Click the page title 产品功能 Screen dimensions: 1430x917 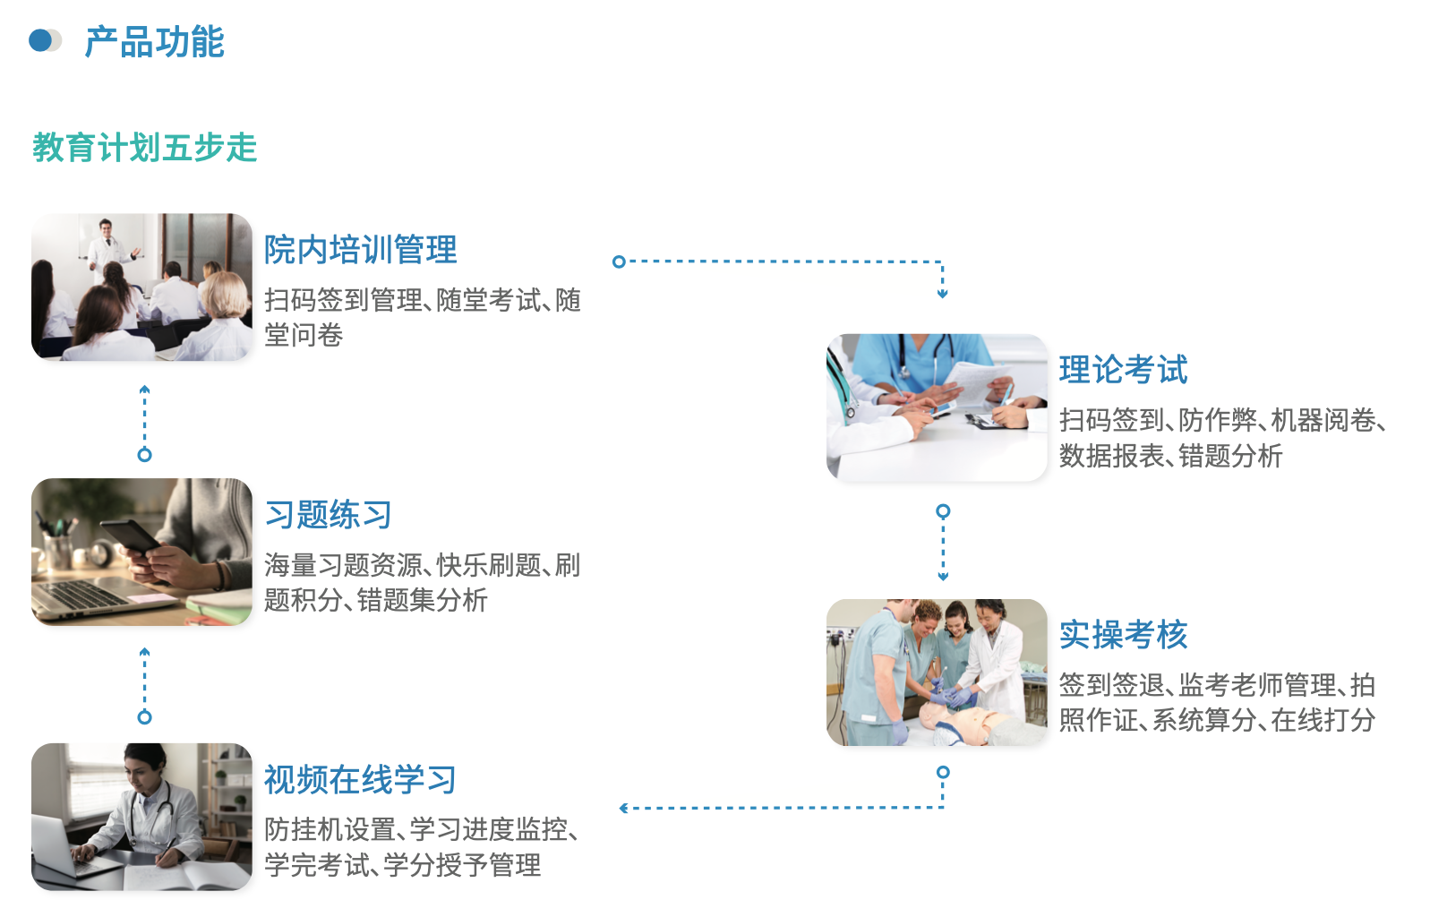pyautogui.click(x=155, y=42)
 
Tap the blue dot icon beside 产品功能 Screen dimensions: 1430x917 pyautogui.click(x=40, y=41)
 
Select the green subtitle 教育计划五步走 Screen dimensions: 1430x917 pyautogui.click(x=145, y=148)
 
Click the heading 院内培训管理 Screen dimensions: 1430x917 pyautogui.click(x=361, y=249)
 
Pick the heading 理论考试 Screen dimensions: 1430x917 pyautogui.click(x=1124, y=370)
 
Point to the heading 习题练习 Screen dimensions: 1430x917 pyautogui.click(x=328, y=515)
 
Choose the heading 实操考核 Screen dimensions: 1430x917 pyautogui.click(x=1124, y=635)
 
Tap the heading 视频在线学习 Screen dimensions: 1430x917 pyautogui.click(x=361, y=780)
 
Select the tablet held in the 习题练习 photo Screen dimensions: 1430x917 pyautogui.click(x=131, y=537)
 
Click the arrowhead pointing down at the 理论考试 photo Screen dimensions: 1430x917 pyautogui.click(x=942, y=294)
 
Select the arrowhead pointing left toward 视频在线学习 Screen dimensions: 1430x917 pyautogui.click(x=624, y=809)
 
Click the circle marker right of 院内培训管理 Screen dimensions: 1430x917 pyautogui.click(x=618, y=261)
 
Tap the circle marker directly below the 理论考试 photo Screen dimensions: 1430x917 pyautogui.click(x=943, y=511)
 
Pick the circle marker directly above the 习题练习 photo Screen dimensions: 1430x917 pyautogui.click(x=145, y=455)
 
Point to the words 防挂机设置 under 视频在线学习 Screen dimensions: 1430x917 pyautogui.click(x=330, y=829)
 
